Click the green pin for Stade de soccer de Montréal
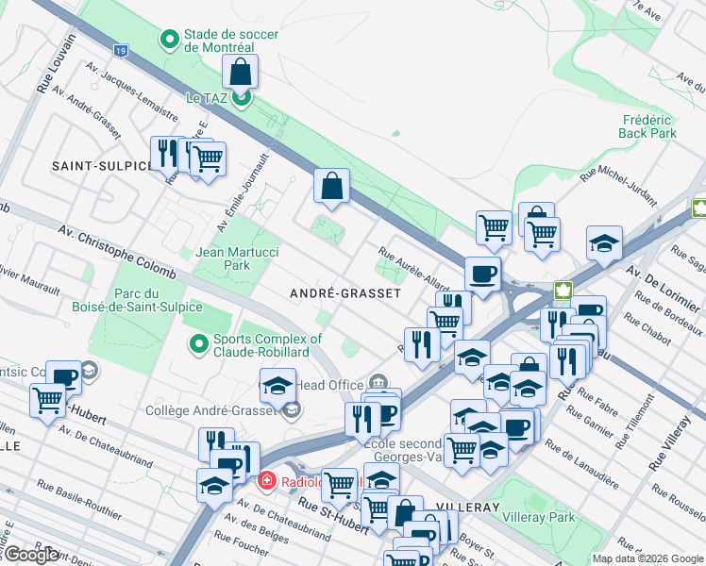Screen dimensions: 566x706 point(170,40)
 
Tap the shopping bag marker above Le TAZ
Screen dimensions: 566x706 point(241,72)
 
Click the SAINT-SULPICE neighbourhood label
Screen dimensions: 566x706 point(101,166)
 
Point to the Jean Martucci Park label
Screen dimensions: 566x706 point(223,258)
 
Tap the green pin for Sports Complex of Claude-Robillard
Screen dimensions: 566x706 point(198,343)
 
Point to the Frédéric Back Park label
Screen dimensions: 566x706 point(649,126)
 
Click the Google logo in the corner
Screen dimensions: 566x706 point(30,555)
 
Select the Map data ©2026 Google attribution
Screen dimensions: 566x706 point(647,558)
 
